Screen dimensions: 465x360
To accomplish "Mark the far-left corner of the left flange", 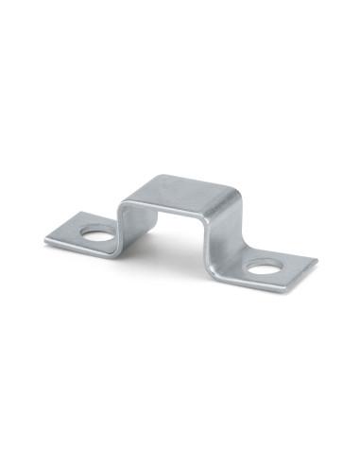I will point(45,240).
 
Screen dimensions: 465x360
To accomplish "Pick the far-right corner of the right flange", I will point(317,257).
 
